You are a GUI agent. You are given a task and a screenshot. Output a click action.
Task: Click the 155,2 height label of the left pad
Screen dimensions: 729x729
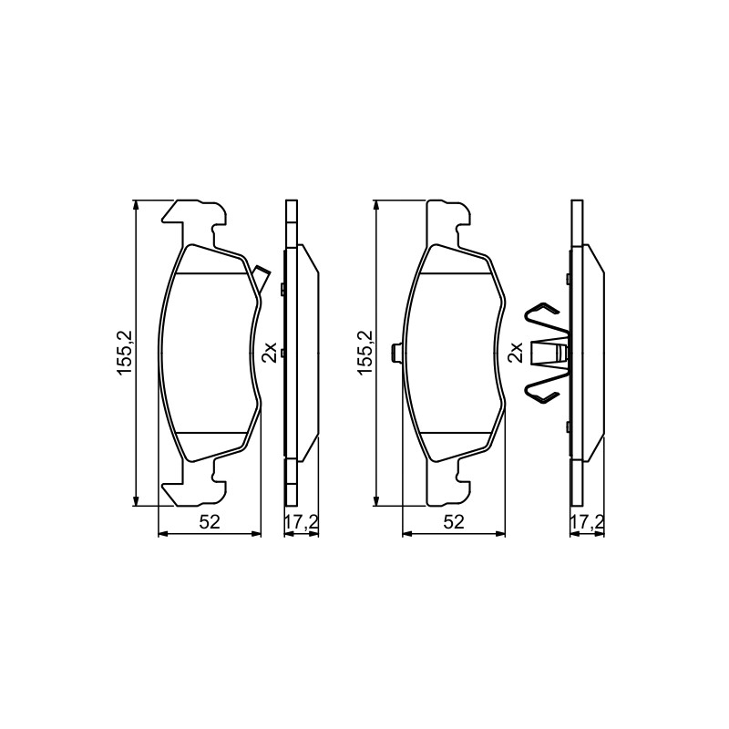(x=126, y=353)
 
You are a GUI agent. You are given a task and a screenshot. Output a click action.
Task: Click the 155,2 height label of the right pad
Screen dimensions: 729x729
(x=365, y=353)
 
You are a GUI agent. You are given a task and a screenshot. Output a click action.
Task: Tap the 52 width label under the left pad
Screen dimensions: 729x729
(x=210, y=522)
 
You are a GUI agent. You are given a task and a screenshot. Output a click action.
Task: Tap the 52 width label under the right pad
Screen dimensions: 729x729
(x=454, y=522)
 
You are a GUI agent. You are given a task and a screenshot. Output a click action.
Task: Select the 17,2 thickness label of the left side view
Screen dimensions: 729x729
(x=302, y=522)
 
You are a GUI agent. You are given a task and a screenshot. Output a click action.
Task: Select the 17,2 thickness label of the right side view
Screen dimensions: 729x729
(x=587, y=522)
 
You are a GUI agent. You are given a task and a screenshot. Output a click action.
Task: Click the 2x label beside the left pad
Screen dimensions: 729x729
(x=269, y=353)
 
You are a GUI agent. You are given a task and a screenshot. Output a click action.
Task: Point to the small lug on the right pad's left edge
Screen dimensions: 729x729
(x=397, y=352)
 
